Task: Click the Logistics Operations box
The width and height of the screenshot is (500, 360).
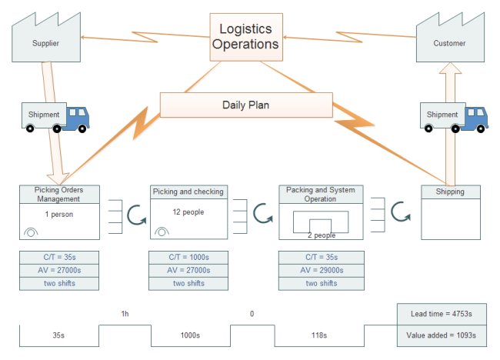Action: [245, 36]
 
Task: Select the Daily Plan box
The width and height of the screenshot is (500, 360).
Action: [245, 105]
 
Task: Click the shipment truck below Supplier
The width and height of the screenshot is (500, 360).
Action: [55, 116]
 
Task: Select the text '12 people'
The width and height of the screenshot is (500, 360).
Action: [188, 212]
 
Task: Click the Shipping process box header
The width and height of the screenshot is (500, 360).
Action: [450, 192]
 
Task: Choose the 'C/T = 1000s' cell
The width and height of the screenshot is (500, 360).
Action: [188, 257]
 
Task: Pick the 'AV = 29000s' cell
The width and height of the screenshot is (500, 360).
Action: [321, 270]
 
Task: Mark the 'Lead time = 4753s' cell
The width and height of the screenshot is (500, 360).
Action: [442, 313]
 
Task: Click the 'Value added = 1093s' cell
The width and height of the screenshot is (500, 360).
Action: [442, 335]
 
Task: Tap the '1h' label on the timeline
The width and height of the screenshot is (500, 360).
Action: [125, 313]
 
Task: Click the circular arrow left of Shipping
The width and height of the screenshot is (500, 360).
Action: [399, 212]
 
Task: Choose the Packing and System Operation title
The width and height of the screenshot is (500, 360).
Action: [321, 194]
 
